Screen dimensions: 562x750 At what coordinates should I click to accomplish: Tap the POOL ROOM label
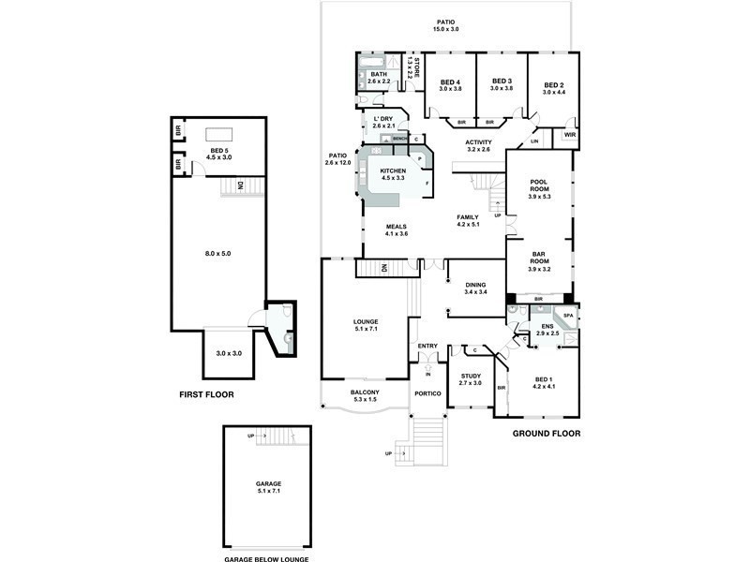point(538,183)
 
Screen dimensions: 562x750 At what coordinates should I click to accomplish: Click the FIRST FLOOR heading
point(206,394)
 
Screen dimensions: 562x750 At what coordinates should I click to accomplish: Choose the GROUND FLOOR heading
point(546,434)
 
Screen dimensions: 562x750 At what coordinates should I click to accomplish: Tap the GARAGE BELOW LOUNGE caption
point(266,559)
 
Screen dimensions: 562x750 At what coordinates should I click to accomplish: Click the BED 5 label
point(220,151)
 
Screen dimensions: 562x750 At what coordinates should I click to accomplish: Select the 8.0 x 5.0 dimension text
point(217,253)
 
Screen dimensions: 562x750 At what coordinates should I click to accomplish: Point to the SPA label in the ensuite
point(568,316)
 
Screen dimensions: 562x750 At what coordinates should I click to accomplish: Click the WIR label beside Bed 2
point(569,135)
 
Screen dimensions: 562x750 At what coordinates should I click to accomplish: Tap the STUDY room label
point(470,377)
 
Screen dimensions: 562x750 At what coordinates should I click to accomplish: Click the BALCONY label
point(365,392)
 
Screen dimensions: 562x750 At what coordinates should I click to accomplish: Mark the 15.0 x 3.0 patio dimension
point(445,30)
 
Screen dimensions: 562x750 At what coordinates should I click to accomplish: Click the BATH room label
point(379,74)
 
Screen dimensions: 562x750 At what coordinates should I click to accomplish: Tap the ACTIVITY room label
point(479,142)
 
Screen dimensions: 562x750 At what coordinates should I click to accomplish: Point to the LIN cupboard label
point(534,141)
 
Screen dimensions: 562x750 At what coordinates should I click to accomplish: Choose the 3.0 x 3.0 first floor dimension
point(229,353)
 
